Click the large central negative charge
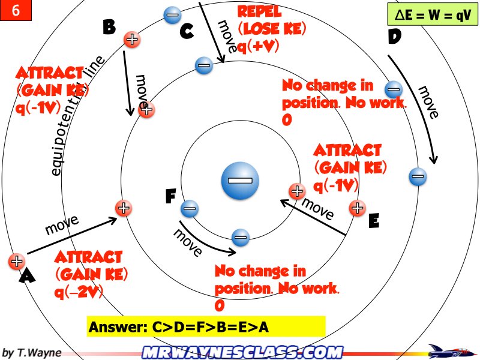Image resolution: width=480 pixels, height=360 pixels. [240, 180]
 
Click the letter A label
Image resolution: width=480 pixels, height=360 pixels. [28, 275]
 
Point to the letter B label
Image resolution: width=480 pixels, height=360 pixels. [109, 27]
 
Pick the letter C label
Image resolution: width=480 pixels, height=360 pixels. [187, 32]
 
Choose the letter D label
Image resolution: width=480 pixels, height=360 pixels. [394, 37]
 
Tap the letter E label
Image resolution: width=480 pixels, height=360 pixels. [374, 221]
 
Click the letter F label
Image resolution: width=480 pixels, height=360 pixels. [171, 196]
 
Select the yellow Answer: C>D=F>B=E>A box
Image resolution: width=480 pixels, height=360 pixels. [206, 327]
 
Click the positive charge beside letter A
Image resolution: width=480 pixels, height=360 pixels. [16, 262]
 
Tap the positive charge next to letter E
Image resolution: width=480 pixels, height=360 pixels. [357, 208]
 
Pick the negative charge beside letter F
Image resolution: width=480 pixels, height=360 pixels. [190, 209]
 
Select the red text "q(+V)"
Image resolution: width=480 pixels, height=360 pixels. [261, 44]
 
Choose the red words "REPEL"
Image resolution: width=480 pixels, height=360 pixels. [259, 11]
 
